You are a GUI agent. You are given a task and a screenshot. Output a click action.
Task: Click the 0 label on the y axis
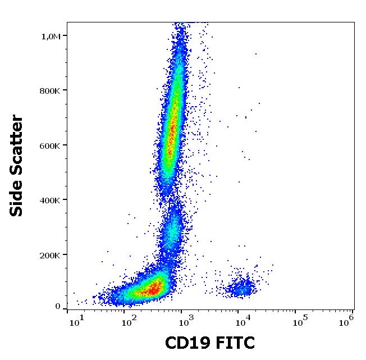(x=58, y=306)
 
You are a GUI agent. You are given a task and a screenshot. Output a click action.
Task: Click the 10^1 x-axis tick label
(x=76, y=321)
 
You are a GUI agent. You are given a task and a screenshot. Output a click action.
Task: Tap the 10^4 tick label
(x=243, y=321)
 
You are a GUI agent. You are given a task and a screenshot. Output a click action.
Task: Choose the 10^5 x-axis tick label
(x=300, y=321)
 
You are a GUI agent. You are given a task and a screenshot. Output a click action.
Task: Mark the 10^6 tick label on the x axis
(x=347, y=320)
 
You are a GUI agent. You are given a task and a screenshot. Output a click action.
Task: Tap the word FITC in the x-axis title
(x=234, y=343)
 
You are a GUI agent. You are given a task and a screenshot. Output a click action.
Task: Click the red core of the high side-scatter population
(x=172, y=135)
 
